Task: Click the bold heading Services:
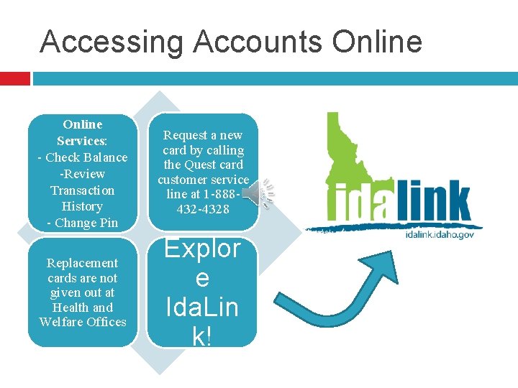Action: point(82,141)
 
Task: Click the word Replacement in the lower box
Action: point(82,263)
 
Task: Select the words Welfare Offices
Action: point(82,322)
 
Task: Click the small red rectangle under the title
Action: point(14,78)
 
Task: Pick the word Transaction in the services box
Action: point(82,190)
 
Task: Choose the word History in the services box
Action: point(82,206)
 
